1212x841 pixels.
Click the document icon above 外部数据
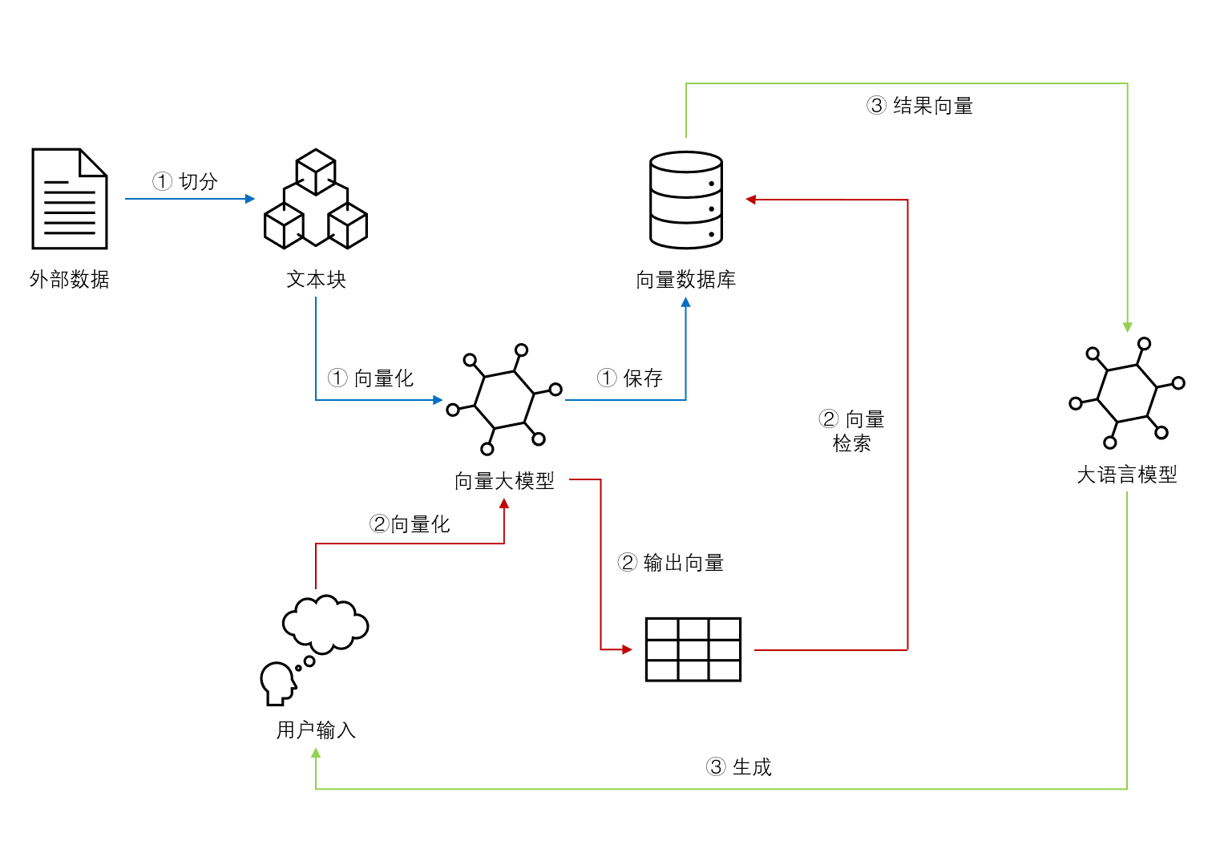70,199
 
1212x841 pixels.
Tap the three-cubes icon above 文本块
316,199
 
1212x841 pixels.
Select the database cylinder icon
686,200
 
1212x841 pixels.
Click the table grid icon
693,649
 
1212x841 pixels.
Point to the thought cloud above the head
325,624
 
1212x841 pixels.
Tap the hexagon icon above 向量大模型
504,398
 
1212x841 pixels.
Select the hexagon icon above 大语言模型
1126,393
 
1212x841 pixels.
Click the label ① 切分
185,181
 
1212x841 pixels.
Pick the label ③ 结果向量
920,106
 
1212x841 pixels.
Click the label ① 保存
630,378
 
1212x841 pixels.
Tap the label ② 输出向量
671,563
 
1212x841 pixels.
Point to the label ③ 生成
738,767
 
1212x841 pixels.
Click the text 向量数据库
686,280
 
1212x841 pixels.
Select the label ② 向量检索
852,431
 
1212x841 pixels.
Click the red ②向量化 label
410,524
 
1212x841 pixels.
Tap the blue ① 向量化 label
370,378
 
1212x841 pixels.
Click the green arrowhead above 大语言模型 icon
1127,327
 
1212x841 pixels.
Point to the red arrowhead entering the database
751,200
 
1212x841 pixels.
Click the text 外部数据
70,280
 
